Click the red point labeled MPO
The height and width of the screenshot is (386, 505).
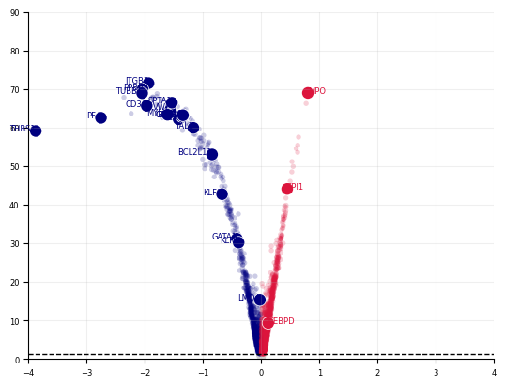308,93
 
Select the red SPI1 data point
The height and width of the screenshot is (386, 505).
287,189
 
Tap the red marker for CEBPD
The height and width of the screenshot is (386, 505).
268,323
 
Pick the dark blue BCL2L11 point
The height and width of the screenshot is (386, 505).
212,155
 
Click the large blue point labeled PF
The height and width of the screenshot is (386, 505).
100,117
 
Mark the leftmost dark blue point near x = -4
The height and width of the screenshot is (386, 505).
36,131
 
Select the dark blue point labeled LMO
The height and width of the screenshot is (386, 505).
260,300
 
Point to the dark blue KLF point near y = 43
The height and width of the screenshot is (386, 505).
222,194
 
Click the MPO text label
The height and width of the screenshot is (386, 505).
319,92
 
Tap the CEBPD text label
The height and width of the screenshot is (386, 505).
283,322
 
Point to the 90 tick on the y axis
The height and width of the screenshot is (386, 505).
15,13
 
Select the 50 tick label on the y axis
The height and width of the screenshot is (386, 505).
15,167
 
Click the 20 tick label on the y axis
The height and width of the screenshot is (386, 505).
15,283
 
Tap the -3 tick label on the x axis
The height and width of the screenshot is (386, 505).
86,373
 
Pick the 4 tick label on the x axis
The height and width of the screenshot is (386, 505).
494,373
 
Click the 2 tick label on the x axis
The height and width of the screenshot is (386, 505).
377,373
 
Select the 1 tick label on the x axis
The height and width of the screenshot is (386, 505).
319,373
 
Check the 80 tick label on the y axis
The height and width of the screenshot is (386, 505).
15,52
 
